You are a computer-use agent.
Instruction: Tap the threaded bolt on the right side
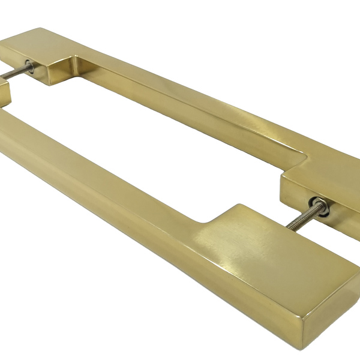coord(300,219)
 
